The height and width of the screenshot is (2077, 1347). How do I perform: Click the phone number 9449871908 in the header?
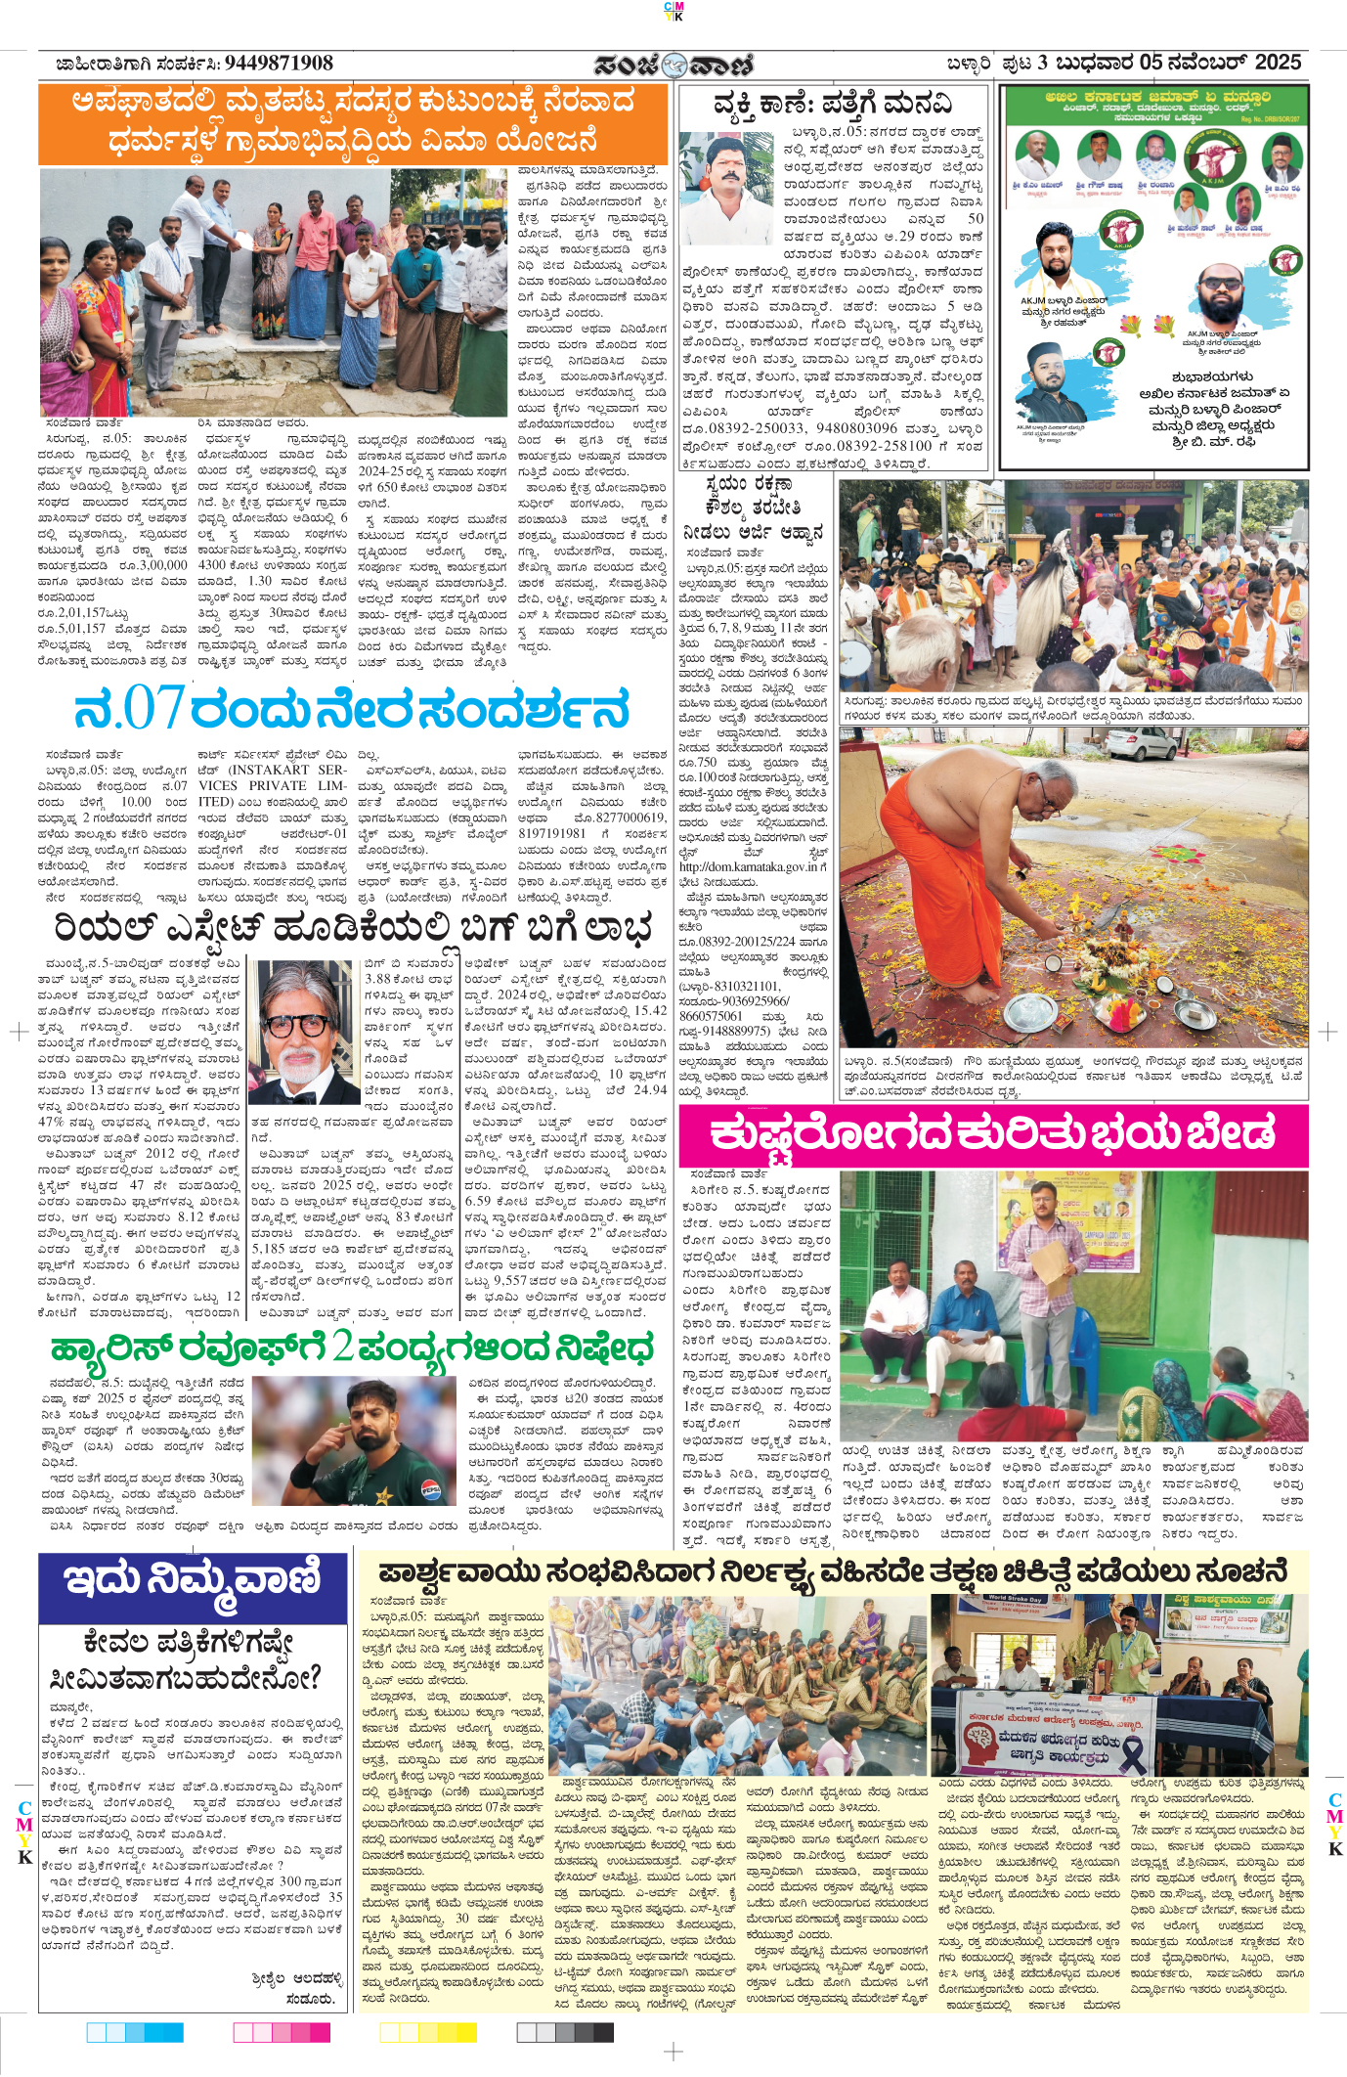pos(279,64)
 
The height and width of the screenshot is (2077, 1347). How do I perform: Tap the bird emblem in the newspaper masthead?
pos(673,66)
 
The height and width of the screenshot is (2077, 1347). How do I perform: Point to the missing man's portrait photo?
pos(725,187)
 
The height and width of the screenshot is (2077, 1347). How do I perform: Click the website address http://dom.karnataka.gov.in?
pos(753,866)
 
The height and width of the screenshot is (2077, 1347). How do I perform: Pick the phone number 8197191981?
pos(552,833)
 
